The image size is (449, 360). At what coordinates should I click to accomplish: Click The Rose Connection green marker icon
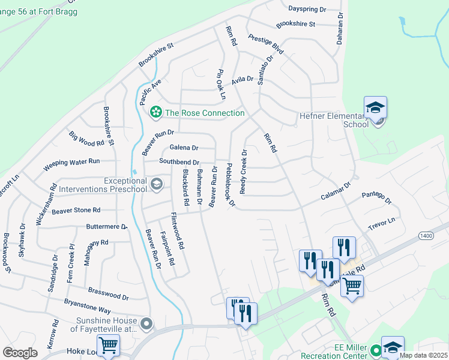(x=156, y=112)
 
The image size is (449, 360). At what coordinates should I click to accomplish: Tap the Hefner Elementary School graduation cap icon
(x=375, y=108)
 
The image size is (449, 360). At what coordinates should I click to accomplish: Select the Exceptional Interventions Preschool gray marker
(x=157, y=184)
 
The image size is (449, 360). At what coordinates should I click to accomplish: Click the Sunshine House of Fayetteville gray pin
(x=146, y=325)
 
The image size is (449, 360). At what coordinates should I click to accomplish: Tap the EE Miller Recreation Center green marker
(x=376, y=350)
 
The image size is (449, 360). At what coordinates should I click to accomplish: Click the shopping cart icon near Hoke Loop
(x=108, y=345)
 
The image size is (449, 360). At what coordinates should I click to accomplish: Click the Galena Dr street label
(x=184, y=148)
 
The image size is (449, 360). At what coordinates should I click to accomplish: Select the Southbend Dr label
(x=179, y=162)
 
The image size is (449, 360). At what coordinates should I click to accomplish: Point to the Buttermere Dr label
(x=107, y=227)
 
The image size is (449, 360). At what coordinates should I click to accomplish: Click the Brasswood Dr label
(x=109, y=296)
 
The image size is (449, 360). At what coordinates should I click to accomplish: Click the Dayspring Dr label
(x=307, y=10)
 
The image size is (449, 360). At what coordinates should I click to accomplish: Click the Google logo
(x=20, y=353)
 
